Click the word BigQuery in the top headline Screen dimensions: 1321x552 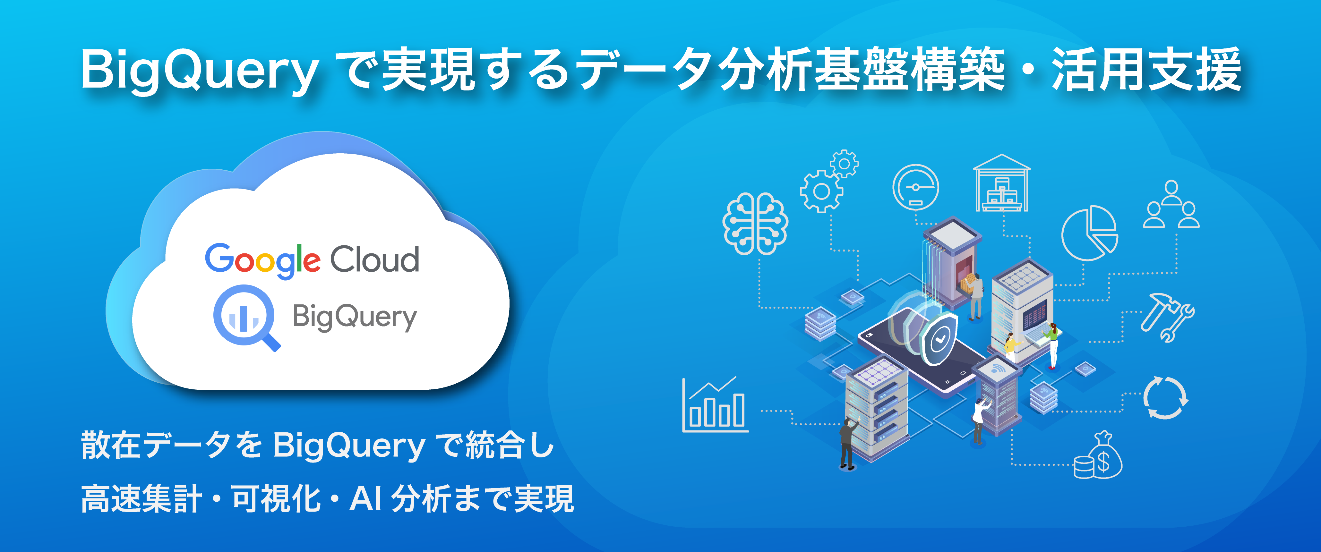200,72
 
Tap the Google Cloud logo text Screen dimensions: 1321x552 312,260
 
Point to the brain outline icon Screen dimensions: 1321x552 755,224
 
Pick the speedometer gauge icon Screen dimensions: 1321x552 916,188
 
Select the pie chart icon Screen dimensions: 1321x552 1090,233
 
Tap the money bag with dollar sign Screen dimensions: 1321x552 1098,456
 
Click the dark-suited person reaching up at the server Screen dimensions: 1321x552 847,443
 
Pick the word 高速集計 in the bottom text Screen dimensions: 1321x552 142,499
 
